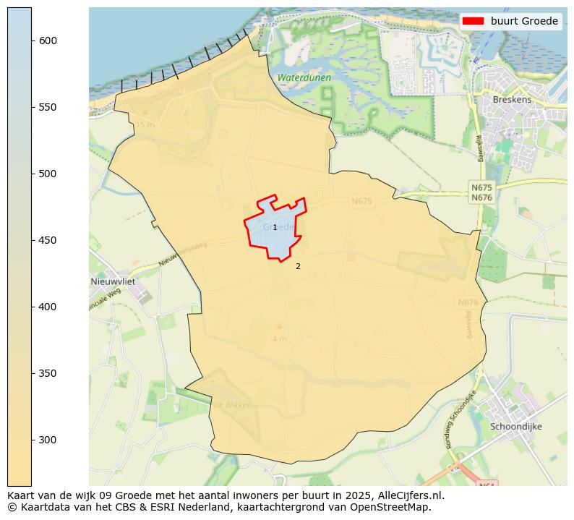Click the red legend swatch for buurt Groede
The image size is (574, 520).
point(474,22)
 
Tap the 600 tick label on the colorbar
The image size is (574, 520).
point(48,41)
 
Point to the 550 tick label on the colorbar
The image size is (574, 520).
point(48,107)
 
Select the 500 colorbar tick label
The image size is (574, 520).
point(48,174)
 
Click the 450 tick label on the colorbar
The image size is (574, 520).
point(48,240)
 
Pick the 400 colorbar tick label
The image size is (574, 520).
point(48,307)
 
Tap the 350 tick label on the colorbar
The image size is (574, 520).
point(48,373)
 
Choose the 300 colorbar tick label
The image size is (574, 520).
point(48,440)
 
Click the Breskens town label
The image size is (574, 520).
point(512,100)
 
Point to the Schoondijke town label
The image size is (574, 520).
point(516,427)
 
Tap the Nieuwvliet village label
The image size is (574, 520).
point(113,281)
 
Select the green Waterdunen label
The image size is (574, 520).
point(304,77)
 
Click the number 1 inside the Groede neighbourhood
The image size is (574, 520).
point(275,228)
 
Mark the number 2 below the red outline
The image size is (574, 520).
point(298,267)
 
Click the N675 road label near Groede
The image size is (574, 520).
point(361,202)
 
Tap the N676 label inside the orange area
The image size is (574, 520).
point(468,302)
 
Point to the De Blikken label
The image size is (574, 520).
point(233,405)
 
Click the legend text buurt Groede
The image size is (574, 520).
point(524,22)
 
